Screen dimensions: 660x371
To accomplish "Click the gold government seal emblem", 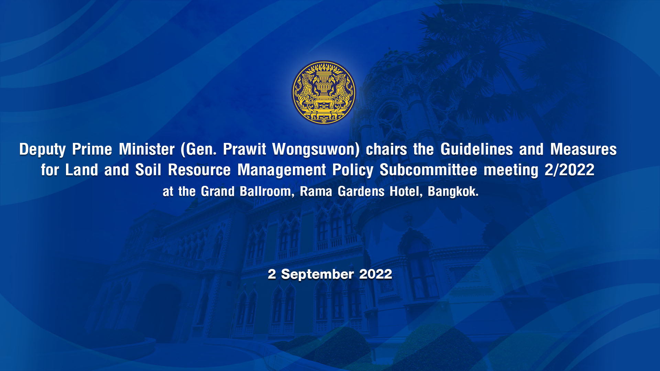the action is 323,92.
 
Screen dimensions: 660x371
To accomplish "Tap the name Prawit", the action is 244,149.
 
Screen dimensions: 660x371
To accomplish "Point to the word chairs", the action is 386,149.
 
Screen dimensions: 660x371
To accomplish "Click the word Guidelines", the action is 477,149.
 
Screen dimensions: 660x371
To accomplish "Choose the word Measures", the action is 583,149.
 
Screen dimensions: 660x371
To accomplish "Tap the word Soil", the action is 148,170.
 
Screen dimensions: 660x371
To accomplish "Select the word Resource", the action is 199,170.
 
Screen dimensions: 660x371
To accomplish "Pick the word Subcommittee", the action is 428,170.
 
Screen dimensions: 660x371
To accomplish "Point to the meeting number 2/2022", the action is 570,170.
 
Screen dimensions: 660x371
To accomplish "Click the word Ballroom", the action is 265,191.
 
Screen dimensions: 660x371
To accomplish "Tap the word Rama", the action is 316,191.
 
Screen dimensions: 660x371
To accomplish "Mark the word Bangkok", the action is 453,192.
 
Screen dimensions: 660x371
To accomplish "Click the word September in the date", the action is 318,274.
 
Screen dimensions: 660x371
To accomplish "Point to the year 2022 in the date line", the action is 376,274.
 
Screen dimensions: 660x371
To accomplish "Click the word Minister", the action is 147,149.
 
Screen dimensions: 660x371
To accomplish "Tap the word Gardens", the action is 361,191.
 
